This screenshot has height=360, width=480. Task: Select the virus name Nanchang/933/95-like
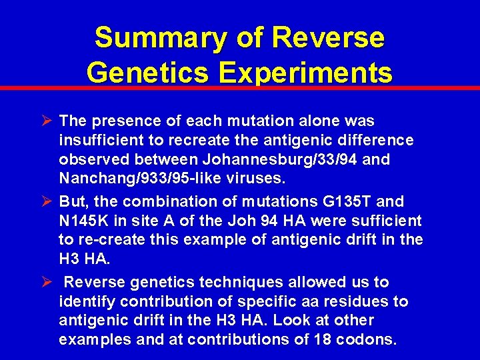[136, 179]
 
